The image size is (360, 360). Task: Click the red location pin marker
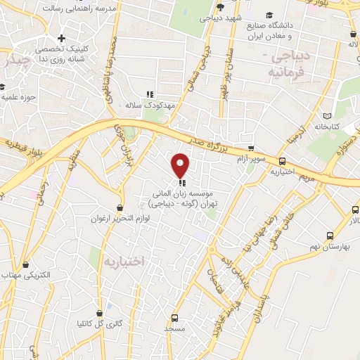pyautogui.click(x=181, y=165)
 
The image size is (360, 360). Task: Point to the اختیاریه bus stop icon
pyautogui.click(x=302, y=160)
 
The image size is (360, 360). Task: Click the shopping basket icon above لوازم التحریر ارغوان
pyautogui.click(x=120, y=208)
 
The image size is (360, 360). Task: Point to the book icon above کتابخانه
pyautogui.click(x=326, y=115)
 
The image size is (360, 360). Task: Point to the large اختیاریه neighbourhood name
pyautogui.click(x=123, y=262)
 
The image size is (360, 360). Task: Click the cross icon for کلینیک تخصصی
pyautogui.click(x=62, y=38)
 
